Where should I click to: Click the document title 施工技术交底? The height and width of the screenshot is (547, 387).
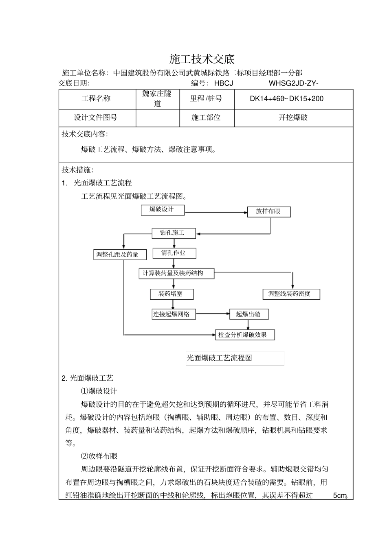202,59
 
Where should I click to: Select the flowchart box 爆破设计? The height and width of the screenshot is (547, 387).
162,210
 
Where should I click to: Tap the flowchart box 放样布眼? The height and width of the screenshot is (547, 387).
269,211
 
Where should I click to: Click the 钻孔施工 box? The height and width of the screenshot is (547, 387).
174,233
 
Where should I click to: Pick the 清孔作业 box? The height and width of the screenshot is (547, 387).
174,253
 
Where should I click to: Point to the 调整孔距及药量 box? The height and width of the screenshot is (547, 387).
117,255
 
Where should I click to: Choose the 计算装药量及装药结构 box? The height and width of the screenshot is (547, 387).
177,273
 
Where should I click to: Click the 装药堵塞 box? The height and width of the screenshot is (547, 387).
172,294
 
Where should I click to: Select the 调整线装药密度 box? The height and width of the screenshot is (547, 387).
291,294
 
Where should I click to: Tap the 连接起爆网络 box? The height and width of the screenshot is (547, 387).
174,314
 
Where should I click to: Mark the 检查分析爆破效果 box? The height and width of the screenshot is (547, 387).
245,335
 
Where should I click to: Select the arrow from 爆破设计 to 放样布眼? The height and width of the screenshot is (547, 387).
216,212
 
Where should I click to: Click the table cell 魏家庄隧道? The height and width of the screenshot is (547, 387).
157,99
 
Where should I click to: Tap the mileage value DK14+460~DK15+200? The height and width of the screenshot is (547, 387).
286,99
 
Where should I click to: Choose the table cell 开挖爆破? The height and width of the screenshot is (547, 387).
293,118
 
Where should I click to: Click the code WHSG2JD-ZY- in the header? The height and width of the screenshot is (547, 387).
293,83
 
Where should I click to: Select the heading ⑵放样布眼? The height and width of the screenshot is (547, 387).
99,456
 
